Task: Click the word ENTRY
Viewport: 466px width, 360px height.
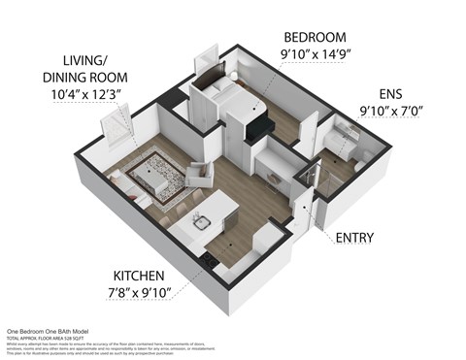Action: (356, 236)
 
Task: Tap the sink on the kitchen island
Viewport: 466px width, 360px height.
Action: (202, 222)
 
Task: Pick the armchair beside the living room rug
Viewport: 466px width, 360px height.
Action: (200, 174)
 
